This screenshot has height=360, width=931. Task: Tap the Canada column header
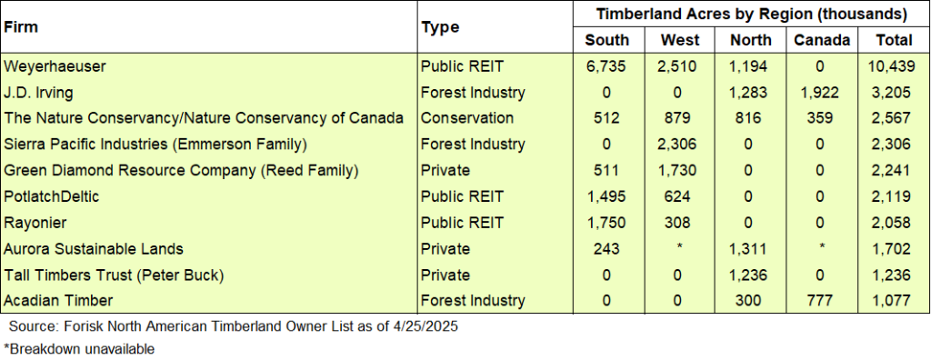[x=821, y=40]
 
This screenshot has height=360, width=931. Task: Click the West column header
[x=680, y=40]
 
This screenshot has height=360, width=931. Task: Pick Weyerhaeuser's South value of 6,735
[x=606, y=65]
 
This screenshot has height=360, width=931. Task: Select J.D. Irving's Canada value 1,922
[x=821, y=92]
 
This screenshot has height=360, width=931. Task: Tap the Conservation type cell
[x=466, y=118]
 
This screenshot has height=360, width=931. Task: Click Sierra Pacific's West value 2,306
[x=680, y=144]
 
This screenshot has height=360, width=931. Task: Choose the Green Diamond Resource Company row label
[x=182, y=170]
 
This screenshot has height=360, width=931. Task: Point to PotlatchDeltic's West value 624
[x=680, y=196]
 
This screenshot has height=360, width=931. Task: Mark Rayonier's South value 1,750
[x=606, y=223]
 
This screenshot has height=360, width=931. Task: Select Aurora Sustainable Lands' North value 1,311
[x=750, y=248]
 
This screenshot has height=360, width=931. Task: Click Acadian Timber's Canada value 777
[x=821, y=301]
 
